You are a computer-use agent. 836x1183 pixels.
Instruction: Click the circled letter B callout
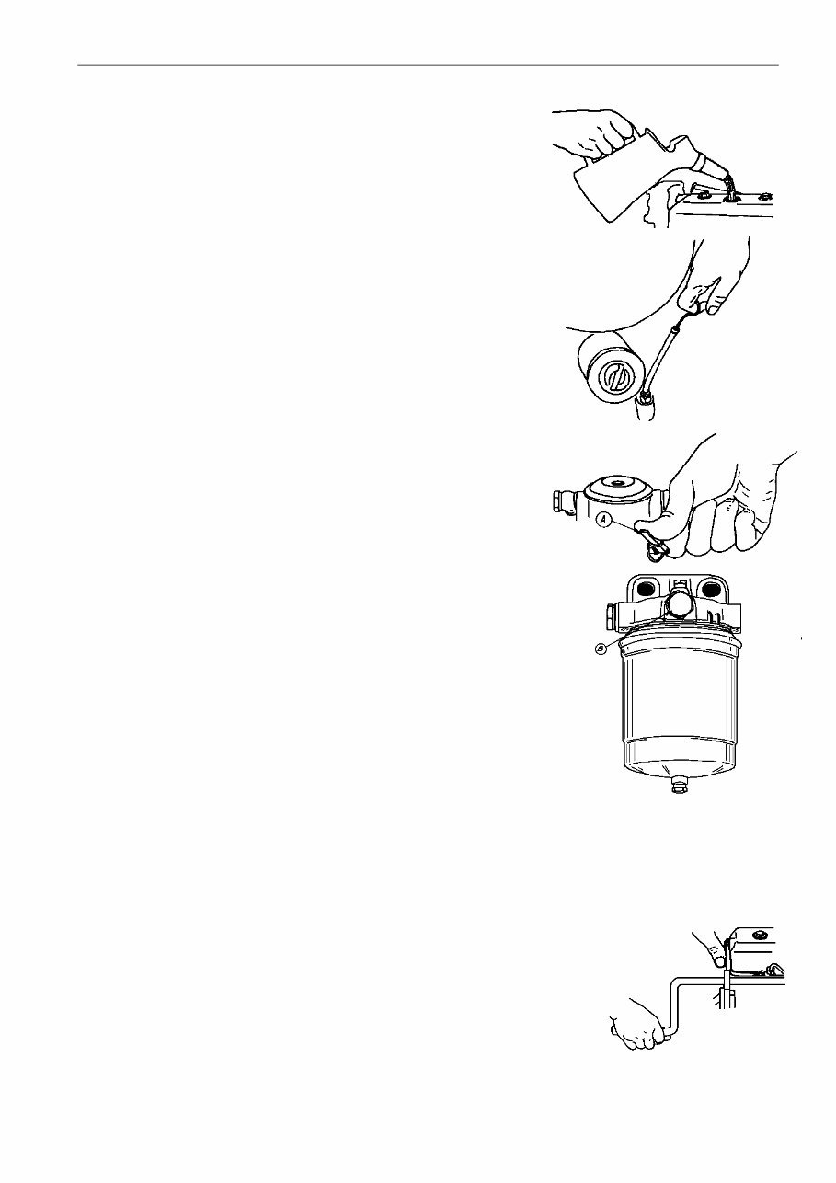pos(601,649)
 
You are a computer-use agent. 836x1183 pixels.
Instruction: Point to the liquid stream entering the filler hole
pos(730,188)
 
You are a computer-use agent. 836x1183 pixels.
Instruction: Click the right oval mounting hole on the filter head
pos(712,587)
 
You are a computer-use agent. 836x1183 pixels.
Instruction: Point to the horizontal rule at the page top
pos(428,65)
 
